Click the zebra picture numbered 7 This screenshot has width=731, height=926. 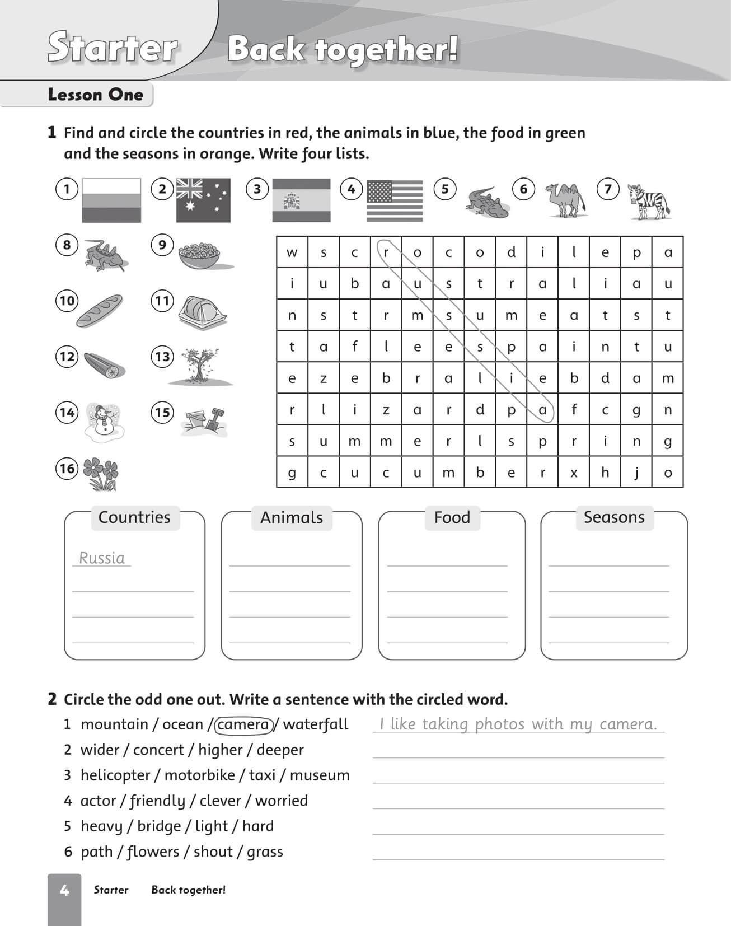(x=648, y=202)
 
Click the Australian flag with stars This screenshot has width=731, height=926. (x=203, y=200)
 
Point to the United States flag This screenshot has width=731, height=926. (x=395, y=201)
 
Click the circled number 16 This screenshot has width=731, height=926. (x=67, y=468)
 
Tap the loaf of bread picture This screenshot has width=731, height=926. (x=99, y=311)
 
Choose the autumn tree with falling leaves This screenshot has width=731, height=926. (x=199, y=366)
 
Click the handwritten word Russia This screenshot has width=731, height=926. (x=102, y=558)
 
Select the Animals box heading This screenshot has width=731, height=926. (x=292, y=517)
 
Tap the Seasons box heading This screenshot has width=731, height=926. (x=614, y=517)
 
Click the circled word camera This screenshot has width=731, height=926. (x=243, y=724)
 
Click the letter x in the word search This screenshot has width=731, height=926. (x=574, y=473)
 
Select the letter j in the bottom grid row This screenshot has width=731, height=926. (x=636, y=473)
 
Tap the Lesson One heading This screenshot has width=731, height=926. (x=96, y=95)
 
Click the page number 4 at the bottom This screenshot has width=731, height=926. (x=64, y=890)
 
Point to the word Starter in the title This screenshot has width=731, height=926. (x=113, y=48)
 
